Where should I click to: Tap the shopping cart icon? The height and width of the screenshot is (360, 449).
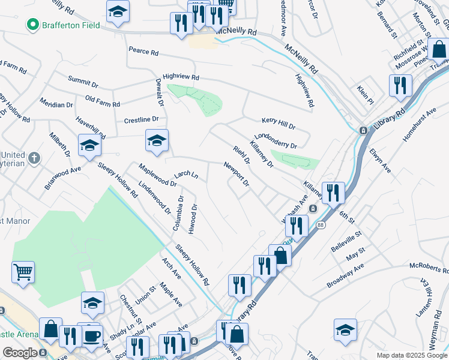(x=23, y=272)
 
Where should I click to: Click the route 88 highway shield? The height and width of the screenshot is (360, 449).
(x=320, y=224)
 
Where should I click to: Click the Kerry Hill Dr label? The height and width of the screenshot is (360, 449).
(x=277, y=123)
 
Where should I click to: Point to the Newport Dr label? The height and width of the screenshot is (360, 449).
(x=236, y=174)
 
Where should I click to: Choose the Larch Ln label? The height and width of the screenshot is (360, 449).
(x=186, y=175)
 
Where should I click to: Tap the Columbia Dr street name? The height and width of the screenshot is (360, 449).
(x=179, y=212)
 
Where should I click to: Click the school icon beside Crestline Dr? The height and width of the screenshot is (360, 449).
(x=157, y=141)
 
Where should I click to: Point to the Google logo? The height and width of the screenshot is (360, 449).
(x=19, y=353)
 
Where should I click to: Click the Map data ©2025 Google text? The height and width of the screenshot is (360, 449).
(x=411, y=355)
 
